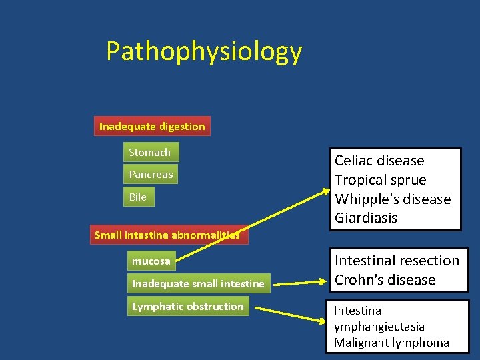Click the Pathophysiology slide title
(204, 51)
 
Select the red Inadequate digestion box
(152, 126)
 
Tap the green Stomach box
(150, 153)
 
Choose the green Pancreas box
(151, 175)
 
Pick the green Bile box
(138, 197)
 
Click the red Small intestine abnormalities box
(167, 235)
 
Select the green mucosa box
(151, 261)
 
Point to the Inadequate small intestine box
(198, 284)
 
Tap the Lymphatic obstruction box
(188, 307)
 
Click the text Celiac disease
(379, 161)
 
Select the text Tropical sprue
(380, 180)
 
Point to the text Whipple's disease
(393, 199)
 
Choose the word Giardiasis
(366, 218)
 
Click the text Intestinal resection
(397, 261)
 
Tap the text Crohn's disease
(385, 280)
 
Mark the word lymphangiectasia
(378, 327)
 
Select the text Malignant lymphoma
(392, 343)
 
